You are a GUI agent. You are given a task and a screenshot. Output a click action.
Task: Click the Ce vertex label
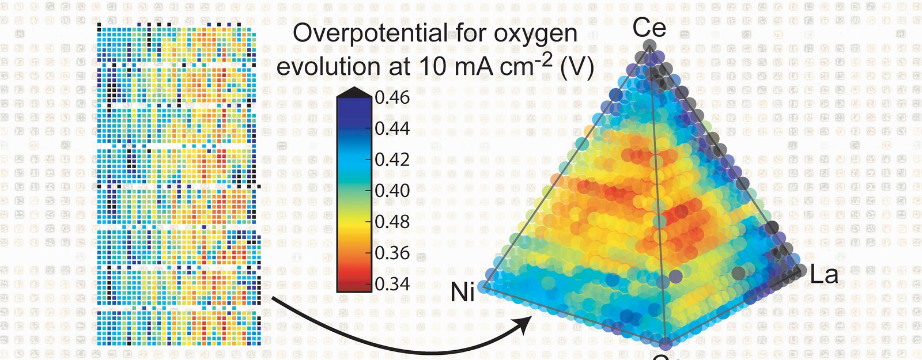tap(649, 28)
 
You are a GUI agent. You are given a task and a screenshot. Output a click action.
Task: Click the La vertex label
tap(823, 275)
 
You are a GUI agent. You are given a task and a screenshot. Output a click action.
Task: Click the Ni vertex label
tap(462, 292)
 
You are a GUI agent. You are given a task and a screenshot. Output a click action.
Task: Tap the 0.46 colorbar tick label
tap(392, 97)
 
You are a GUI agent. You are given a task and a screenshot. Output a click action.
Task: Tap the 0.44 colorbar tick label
tap(392, 128)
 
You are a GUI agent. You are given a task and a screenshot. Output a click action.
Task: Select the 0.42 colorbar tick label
tap(392, 160)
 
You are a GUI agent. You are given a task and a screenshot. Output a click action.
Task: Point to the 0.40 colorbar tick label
tap(392, 191)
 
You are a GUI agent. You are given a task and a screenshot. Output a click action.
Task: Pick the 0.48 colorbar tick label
tap(392, 222)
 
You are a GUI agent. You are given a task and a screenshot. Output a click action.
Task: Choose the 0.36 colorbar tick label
tap(392, 253)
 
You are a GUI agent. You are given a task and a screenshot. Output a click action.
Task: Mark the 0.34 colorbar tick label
tap(392, 284)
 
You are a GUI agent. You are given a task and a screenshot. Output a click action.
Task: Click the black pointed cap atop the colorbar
tap(354, 92)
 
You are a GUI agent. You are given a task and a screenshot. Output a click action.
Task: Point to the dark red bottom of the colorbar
tap(354, 285)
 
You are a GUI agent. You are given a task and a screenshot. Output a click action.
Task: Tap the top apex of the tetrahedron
tap(649, 46)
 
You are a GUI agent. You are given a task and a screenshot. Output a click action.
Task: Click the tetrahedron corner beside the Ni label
tap(485, 286)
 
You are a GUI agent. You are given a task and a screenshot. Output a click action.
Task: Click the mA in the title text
tap(474, 67)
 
